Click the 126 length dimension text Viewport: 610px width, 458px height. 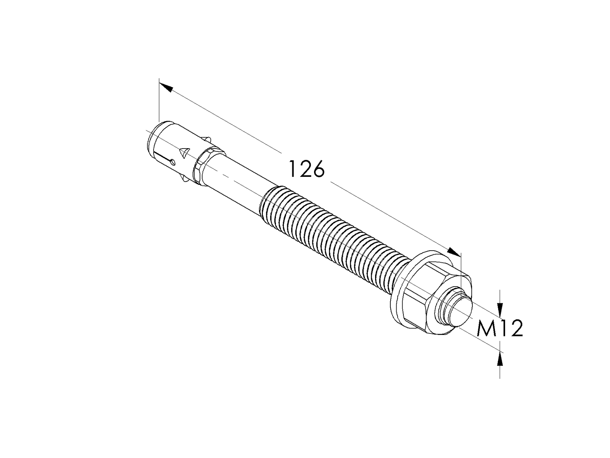306,169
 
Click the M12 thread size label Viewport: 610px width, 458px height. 500,329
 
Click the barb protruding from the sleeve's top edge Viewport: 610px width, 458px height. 208,139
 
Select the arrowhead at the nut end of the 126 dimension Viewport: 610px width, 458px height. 454,252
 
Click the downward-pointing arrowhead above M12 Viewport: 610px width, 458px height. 500,310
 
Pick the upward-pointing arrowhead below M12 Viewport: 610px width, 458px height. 500,360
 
